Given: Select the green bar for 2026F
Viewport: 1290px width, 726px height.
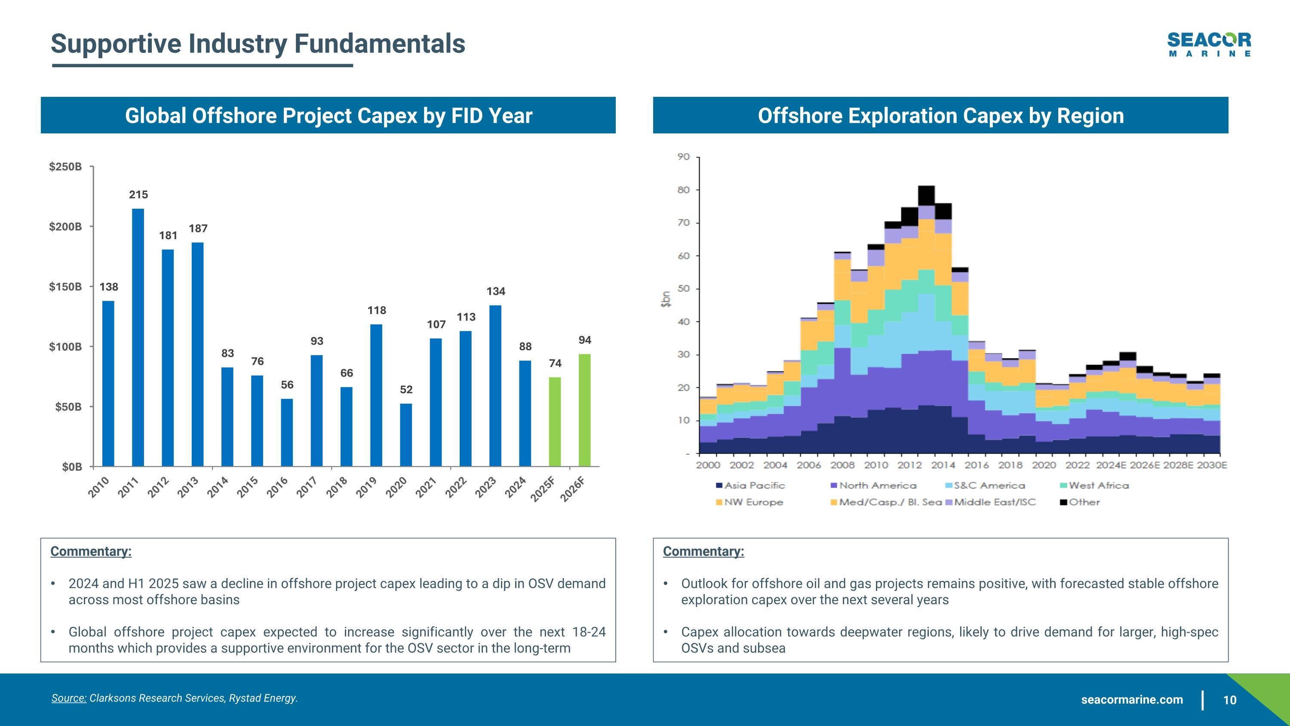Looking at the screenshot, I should (584, 410).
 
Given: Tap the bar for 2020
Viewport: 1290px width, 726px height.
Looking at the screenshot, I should (405, 435).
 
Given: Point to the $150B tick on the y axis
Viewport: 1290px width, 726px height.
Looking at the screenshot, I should (65, 287).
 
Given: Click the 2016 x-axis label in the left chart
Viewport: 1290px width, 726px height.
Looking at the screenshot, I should (277, 488).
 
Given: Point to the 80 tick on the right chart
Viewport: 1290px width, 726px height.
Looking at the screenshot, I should (684, 190).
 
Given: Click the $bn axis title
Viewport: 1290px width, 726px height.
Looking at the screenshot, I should (666, 299).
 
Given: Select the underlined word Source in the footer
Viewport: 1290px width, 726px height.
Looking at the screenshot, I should (69, 698).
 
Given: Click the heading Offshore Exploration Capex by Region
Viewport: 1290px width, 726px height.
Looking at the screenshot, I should (940, 116).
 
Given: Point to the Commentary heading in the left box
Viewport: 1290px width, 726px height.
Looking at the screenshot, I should (91, 552).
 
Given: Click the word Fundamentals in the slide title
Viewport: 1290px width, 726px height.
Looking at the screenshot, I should (380, 43).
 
